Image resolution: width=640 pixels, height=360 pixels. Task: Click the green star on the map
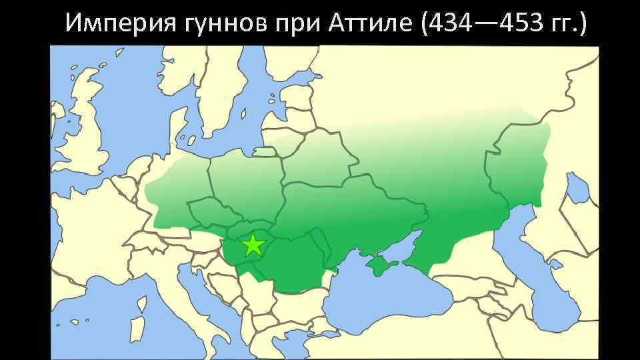tap(253, 245)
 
